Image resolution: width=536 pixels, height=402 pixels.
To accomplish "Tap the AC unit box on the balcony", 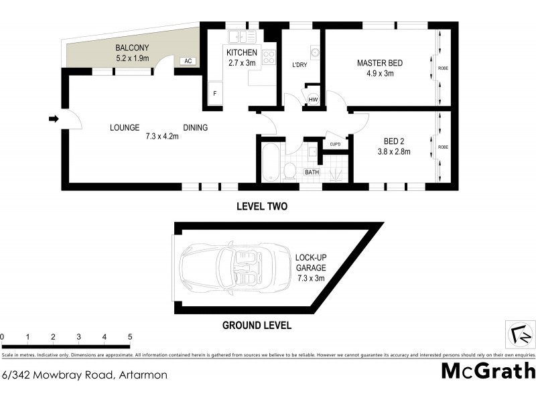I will coord(188,61).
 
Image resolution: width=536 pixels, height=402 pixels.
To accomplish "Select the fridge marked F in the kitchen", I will coord(215,94).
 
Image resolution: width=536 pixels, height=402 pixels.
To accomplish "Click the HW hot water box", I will coord(313,100).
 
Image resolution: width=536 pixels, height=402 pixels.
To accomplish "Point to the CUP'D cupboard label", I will coord(335,144).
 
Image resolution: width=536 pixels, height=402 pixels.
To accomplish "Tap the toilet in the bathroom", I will coord(289,170).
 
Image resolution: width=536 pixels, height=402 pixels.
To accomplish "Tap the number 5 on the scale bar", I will coord(130,337).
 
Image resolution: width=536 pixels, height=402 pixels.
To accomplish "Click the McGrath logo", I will coord(488,370).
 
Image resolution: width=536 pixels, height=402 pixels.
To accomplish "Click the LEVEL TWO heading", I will coord(262,206).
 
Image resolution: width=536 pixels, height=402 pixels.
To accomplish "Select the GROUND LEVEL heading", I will coord(257,326).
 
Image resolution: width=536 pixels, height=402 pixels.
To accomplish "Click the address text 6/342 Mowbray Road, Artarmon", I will coord(84,375).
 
